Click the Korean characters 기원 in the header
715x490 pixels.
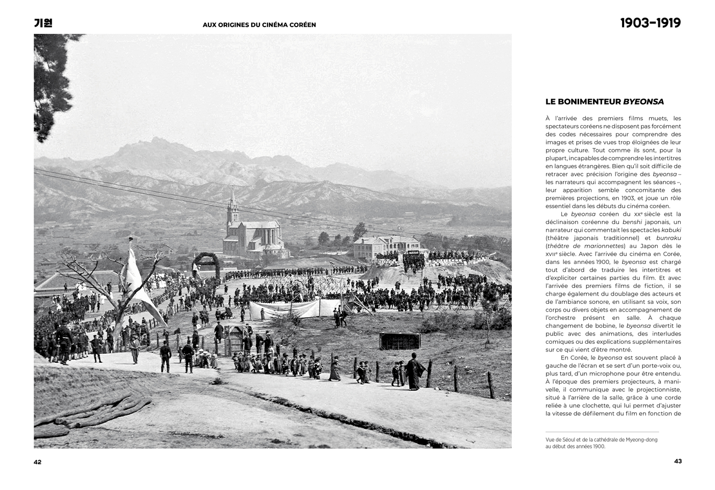tap(43, 23)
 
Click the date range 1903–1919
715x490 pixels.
tap(650, 23)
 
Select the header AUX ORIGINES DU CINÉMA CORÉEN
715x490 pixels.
tap(259, 25)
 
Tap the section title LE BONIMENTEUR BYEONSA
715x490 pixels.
tap(604, 102)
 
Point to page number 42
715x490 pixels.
tap(38, 462)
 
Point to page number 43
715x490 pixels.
tap(678, 461)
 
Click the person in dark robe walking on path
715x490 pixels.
tap(414, 372)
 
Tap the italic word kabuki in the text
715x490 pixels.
tap(671, 230)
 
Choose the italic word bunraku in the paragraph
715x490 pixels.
tap(668, 238)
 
